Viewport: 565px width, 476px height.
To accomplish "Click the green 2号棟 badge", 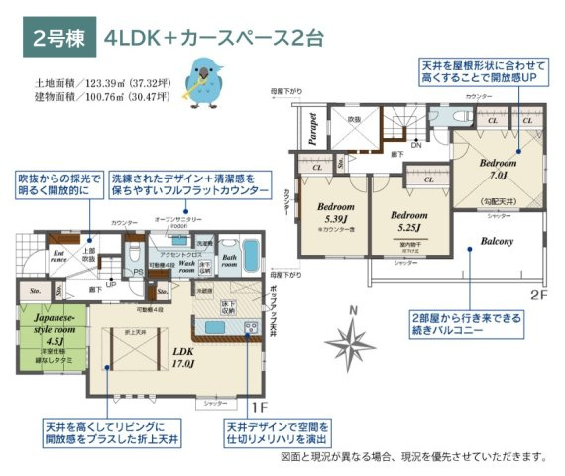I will point(62,40).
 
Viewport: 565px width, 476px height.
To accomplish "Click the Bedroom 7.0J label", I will point(499,168).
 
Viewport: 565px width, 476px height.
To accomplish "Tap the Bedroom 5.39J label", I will point(336,214).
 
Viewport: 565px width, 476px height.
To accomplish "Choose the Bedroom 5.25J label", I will point(408,220).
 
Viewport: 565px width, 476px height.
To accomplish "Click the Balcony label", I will point(497,241).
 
